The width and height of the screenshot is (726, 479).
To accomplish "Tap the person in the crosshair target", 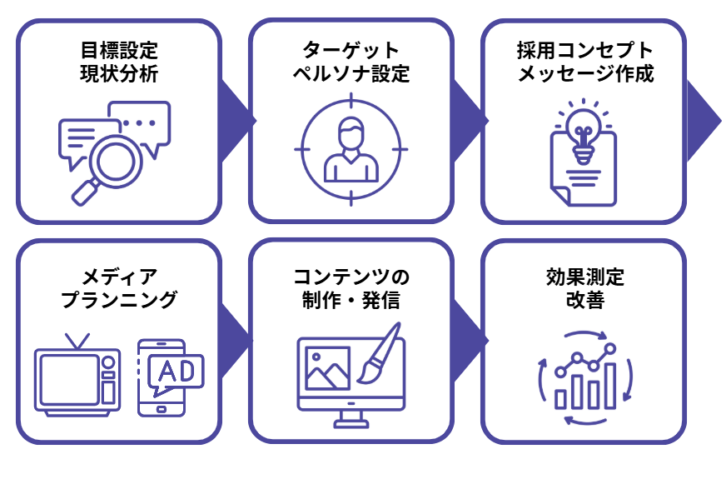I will click(351, 150).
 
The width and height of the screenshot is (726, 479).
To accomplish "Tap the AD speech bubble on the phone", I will click(177, 372).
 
